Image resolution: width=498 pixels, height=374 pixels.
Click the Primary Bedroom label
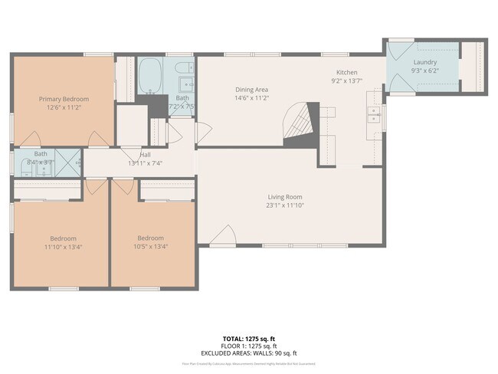[64, 99]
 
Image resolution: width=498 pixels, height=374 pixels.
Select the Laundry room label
[424, 62]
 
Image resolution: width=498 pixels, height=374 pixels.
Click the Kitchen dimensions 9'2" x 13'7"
[346, 80]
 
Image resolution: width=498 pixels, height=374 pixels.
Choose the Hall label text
[145, 155]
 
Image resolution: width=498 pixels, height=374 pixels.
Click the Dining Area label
[251, 90]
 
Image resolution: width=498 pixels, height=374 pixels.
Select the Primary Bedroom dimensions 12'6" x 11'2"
[64, 108]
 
